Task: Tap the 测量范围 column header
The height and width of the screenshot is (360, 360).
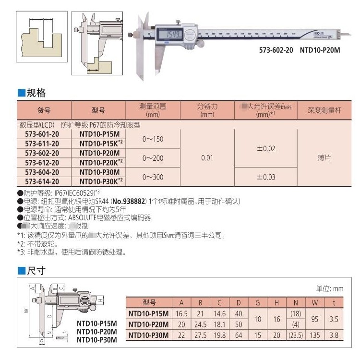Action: click(x=153, y=110)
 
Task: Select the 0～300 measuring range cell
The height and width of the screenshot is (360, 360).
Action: click(x=153, y=177)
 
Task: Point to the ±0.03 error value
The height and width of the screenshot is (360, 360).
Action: click(x=266, y=177)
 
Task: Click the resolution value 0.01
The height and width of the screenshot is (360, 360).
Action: click(x=207, y=158)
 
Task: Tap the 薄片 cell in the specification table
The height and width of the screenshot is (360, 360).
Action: click(x=324, y=158)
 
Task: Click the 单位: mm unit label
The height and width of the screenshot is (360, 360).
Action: click(x=329, y=288)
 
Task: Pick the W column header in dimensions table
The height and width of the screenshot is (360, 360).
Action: click(x=314, y=303)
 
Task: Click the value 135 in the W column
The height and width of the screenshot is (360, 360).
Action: click(x=314, y=335)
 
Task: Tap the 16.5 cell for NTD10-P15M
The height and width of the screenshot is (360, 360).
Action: click(x=182, y=313)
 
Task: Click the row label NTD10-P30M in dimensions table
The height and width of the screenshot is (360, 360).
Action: click(x=149, y=335)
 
